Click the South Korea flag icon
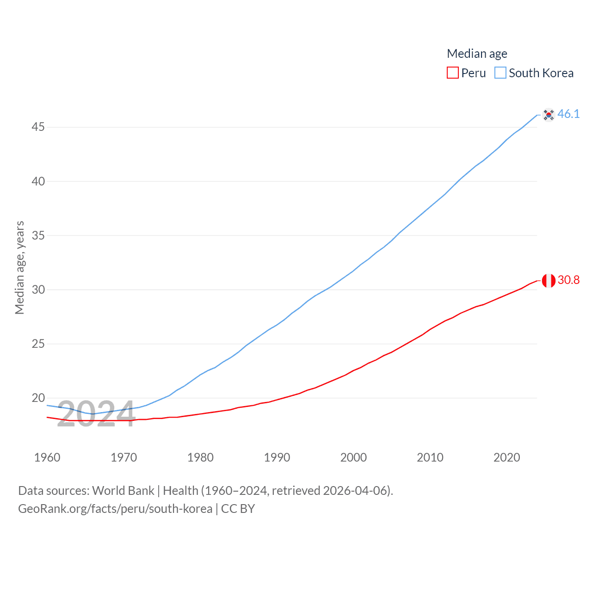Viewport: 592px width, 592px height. (549, 114)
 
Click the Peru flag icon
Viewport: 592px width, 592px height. (549, 280)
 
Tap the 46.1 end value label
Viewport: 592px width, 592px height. (568, 114)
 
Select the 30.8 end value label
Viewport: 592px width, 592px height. (568, 280)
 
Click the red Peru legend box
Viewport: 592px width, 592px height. (452, 73)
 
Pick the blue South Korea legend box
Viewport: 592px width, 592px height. (500, 73)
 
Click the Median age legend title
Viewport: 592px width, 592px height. (477, 54)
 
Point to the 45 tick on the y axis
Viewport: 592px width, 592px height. (38, 127)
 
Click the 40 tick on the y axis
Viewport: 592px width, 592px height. (38, 181)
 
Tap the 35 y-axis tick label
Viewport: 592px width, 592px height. (38, 235)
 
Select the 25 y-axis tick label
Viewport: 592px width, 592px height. (38, 344)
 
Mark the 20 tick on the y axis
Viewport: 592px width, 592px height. (38, 398)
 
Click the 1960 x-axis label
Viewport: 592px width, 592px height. (47, 457)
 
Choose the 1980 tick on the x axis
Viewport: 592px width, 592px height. (200, 457)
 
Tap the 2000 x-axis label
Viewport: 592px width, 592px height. (353, 457)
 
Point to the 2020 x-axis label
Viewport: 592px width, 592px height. (506, 457)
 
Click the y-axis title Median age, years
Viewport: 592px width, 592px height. (19, 267)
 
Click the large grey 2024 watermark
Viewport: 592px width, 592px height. (96, 414)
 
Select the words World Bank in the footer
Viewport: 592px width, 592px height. (123, 491)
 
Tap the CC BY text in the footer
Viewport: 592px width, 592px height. (238, 509)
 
